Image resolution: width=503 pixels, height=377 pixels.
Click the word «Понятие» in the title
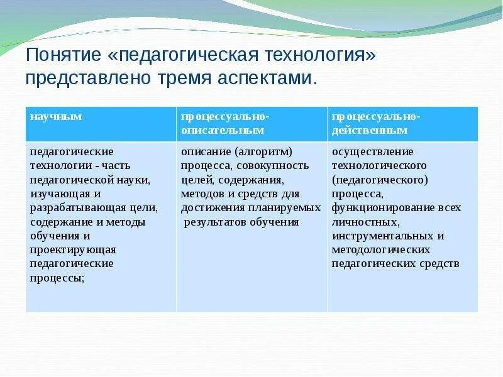click(x=64, y=55)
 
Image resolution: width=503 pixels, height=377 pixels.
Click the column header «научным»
click(x=56, y=116)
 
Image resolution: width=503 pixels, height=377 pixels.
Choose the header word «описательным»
click(x=223, y=131)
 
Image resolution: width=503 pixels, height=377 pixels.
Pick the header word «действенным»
click(x=370, y=131)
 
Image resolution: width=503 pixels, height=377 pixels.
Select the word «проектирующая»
click(x=73, y=250)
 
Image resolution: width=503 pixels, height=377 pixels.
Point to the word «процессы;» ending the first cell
click(x=57, y=278)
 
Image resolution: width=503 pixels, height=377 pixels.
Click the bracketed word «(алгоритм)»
click(x=263, y=152)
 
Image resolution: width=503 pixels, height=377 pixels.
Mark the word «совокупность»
click(x=273, y=166)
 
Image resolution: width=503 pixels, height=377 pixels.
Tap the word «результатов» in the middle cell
click(x=215, y=222)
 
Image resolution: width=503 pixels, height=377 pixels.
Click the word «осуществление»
click(x=372, y=152)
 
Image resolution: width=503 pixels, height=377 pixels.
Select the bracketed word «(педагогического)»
click(x=380, y=180)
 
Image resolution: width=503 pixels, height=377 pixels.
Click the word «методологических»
click(x=381, y=250)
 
